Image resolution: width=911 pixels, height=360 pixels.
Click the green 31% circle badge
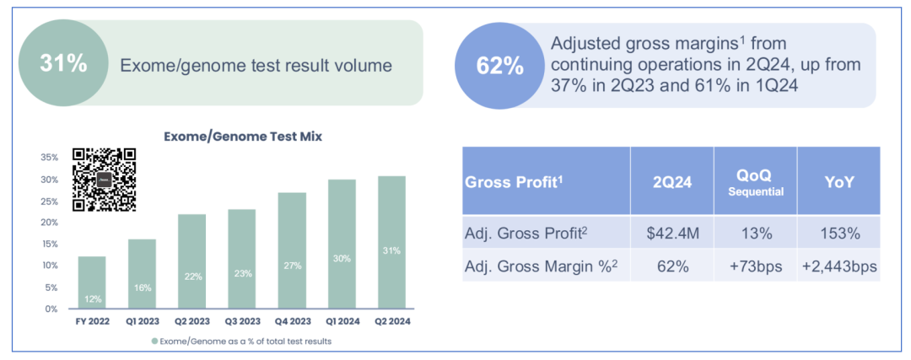tap(63, 63)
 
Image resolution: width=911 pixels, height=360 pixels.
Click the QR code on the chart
tap(104, 179)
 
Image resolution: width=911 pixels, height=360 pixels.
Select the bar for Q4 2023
tap(292, 250)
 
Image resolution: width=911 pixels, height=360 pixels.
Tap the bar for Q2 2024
tap(391, 242)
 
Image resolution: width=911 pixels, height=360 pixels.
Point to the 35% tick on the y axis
tap(48, 158)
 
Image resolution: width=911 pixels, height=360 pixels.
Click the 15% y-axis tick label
tap(48, 244)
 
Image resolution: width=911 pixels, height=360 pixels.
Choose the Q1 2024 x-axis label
tap(342, 321)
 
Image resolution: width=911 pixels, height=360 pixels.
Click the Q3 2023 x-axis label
tap(241, 321)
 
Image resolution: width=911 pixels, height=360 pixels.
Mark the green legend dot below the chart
tap(154, 341)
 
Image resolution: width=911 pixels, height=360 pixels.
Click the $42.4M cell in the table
tap(671, 233)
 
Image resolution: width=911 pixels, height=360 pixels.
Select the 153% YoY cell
tap(838, 233)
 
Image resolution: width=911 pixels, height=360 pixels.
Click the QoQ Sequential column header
tap(755, 181)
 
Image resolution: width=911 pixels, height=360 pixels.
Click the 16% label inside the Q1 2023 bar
tap(142, 287)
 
